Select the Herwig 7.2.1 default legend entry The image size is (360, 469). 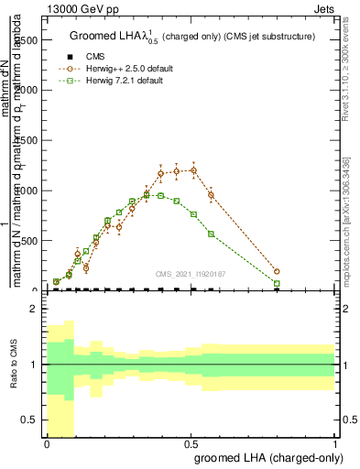point(124,81)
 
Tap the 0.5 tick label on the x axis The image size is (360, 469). point(191,443)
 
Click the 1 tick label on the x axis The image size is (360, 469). point(335,443)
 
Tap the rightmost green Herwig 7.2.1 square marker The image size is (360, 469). point(277,284)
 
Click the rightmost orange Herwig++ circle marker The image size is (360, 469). point(277,271)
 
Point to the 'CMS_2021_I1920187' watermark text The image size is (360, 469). point(191,272)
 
